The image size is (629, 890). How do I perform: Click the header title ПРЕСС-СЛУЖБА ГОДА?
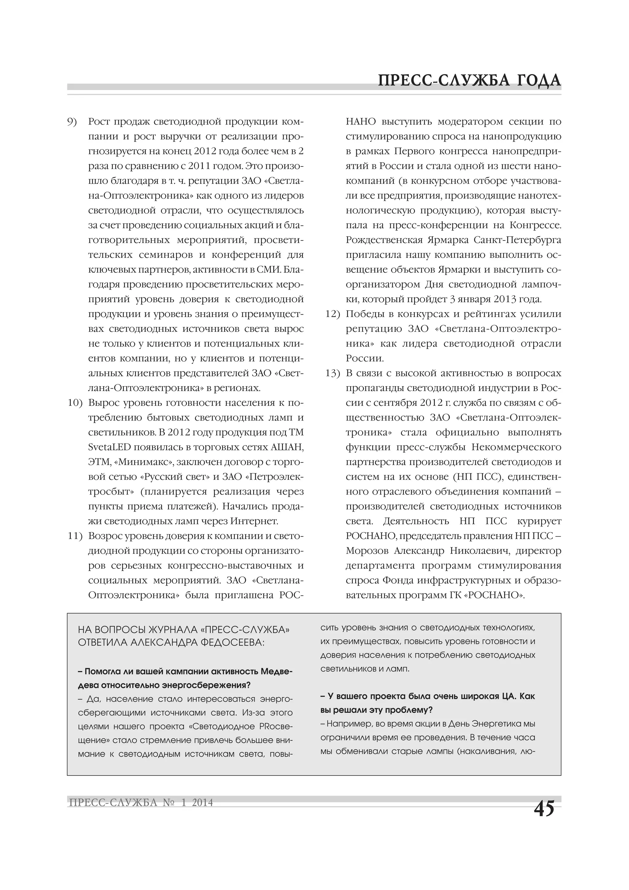coord(469,80)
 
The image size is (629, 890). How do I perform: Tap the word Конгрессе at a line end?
coord(535,225)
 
